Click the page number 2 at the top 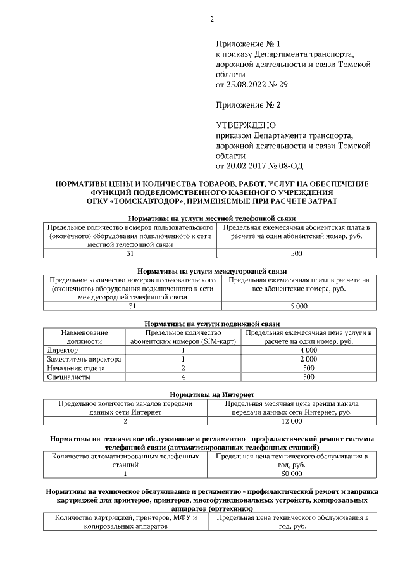point(211,19)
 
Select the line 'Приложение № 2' point(247,104)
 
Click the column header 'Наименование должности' point(84,337)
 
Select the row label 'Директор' point(63,350)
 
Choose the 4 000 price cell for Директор point(308,350)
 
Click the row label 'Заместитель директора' point(80,359)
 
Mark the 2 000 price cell point(308,359)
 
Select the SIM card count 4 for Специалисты point(182,377)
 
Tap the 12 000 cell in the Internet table point(292,420)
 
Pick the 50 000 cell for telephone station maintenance point(292,473)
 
